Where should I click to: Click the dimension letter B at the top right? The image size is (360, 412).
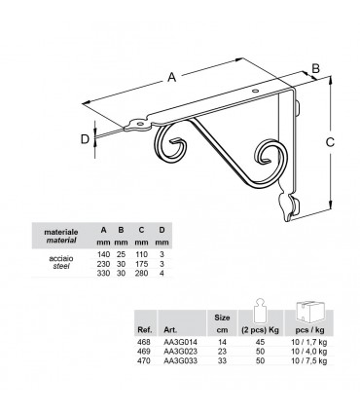pyautogui.click(x=316, y=67)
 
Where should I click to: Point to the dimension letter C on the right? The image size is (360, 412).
pyautogui.click(x=330, y=142)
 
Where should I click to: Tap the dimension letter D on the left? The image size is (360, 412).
pyautogui.click(x=84, y=139)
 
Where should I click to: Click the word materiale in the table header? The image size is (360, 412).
pyautogui.click(x=64, y=231)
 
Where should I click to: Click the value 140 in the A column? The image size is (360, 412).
pyautogui.click(x=102, y=256)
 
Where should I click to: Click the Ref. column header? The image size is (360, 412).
pyautogui.click(x=146, y=329)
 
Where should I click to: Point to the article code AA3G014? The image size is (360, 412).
pyautogui.click(x=181, y=342)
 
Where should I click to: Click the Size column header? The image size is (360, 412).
pyautogui.click(x=222, y=318)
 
